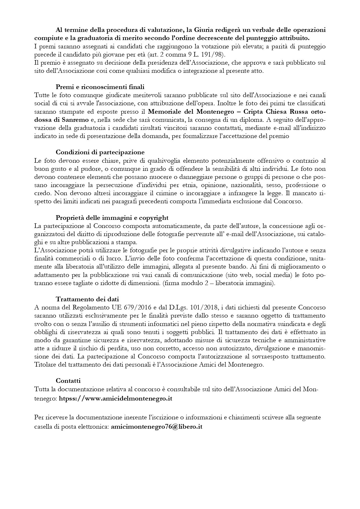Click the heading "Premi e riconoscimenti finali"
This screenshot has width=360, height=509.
pyautogui.click(x=100, y=87)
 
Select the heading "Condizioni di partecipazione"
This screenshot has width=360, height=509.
pyautogui.click(x=100, y=152)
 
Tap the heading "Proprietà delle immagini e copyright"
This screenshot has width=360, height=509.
pyautogui.click(x=112, y=218)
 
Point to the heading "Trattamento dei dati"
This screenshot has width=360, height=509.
pyautogui.click(x=87, y=299)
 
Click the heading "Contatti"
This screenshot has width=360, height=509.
pyautogui.click(x=68, y=381)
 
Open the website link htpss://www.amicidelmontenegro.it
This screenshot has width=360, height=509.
pyautogui.click(x=115, y=398)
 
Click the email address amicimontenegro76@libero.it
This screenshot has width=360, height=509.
pyautogui.click(x=156, y=427)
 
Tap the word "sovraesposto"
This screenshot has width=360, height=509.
pyautogui.click(x=271, y=356)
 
